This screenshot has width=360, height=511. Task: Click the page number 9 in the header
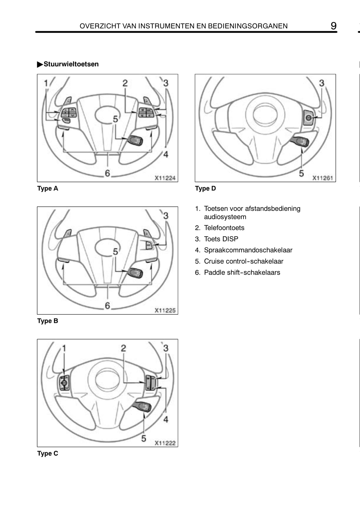coord(333,26)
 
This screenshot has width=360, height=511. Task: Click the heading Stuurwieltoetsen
coord(71,64)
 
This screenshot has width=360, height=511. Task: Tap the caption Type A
coord(47,188)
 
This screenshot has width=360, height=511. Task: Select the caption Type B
coord(47,321)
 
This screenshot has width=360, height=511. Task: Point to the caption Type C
coord(47,454)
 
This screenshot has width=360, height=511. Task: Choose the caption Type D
coord(205,188)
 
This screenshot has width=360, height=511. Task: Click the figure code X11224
coord(165,178)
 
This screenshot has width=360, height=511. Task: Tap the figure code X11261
coord(323,178)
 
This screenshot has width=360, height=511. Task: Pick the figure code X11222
coord(165,443)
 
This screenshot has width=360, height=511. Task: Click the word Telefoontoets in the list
coord(224,228)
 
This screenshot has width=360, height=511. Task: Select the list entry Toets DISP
coord(221,239)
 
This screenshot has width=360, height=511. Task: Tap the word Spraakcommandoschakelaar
coord(248,250)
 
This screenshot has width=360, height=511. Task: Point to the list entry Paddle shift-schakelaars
coord(242,272)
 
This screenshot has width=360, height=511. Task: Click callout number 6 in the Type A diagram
coord(107,173)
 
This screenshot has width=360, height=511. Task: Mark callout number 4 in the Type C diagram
coord(166,419)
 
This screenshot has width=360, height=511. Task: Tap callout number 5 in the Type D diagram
coord(301,173)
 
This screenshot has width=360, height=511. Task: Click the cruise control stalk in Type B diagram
coord(135,273)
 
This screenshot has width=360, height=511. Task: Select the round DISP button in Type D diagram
coord(308,118)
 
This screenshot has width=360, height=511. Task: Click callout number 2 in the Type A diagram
coord(125,83)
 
